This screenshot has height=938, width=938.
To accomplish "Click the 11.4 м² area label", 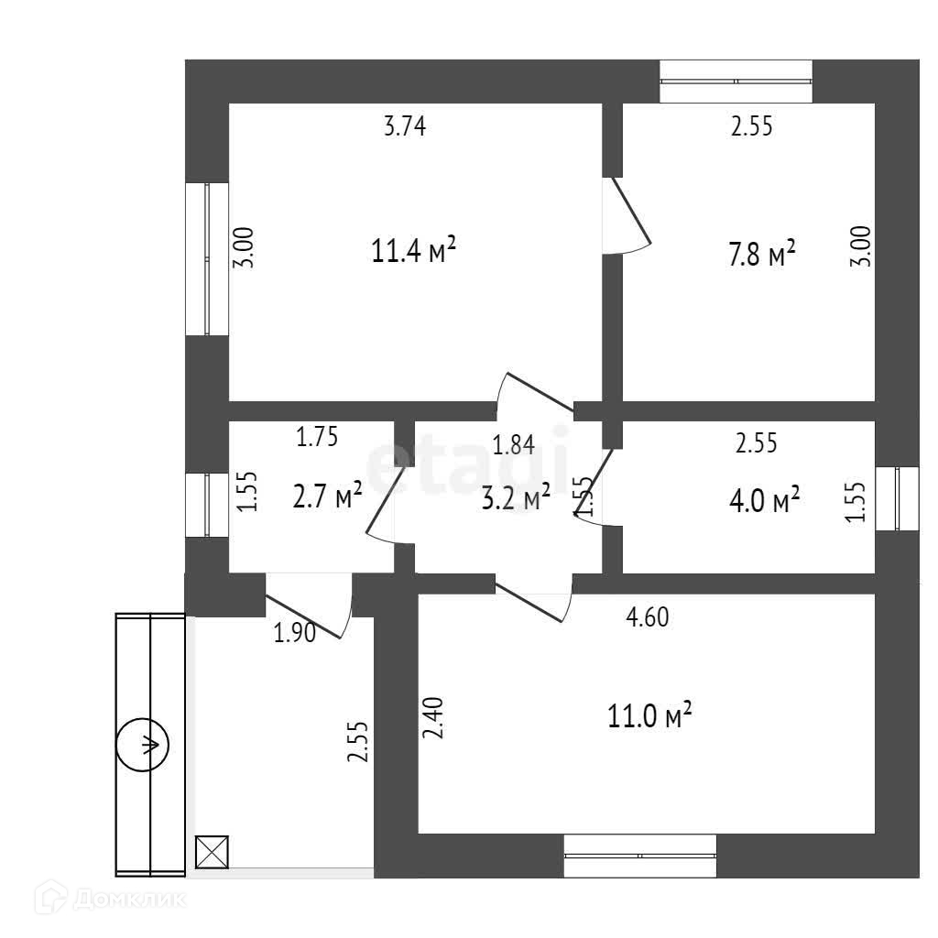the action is pos(413,250).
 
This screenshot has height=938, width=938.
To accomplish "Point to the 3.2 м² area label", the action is pos(516,497).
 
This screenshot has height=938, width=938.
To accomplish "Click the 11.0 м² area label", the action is pos(649,715).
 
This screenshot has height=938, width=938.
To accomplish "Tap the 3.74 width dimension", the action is pos(405,126).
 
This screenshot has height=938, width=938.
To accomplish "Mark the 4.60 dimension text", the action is pos(647,618).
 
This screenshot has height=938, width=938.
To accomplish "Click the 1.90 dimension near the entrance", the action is pos(295,633).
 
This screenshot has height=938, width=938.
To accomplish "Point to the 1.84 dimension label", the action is pos(513,446).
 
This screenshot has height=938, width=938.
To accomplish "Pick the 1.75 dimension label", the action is pos(317,438).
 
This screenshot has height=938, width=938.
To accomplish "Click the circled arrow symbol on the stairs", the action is pos(143,745).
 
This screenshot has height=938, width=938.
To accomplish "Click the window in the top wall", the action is pos(736,82).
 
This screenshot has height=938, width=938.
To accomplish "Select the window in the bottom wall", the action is pos(639,856).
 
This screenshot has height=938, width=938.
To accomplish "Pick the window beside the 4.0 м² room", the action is pos(897,498).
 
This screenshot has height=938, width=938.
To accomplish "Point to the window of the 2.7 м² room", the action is pos(207,504).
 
